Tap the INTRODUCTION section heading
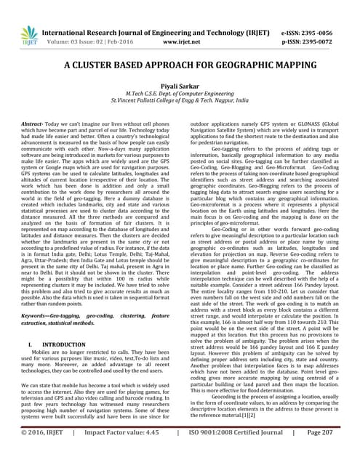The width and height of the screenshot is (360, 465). point(63,344)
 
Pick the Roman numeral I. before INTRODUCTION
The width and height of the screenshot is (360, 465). point(30,344)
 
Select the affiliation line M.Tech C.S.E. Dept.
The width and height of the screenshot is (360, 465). point(180,94)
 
